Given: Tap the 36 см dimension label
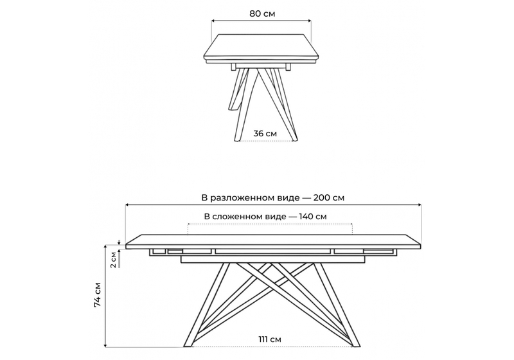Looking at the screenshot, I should click(265, 133).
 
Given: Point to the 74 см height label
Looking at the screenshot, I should click(98, 295).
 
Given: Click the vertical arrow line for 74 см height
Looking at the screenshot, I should click(105, 295).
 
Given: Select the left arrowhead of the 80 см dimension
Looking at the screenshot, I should click(213, 21).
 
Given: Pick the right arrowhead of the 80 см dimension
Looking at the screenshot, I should click(310, 21).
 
